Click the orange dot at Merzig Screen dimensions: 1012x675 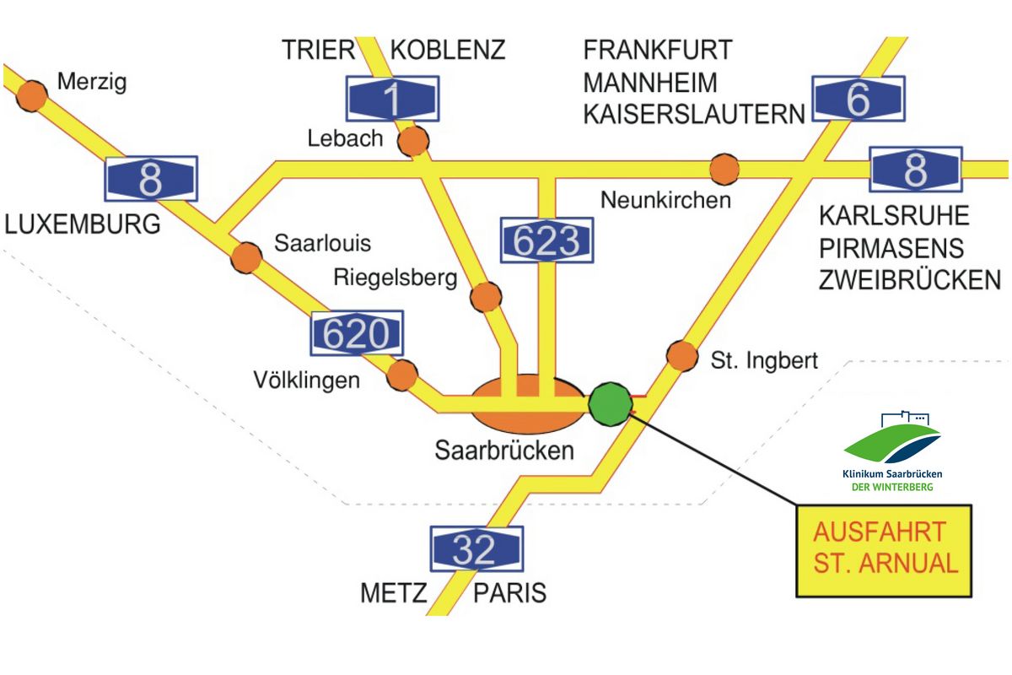32,96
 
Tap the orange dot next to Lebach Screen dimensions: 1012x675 413,141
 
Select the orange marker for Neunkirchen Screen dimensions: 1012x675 724,170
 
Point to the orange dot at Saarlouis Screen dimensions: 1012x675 246,257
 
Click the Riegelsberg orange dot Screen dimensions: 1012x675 486,297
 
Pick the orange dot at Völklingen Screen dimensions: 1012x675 402,375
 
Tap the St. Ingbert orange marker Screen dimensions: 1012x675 682,356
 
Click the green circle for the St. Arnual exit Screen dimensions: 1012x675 611,403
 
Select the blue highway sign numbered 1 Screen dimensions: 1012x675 393,99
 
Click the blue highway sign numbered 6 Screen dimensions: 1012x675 859,99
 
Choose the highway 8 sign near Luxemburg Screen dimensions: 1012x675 151,179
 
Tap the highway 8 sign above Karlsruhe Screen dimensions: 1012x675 916,170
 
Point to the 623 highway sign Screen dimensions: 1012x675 546,240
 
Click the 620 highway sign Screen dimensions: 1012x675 357,332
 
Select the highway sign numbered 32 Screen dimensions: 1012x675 476,549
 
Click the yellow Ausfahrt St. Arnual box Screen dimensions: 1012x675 883,551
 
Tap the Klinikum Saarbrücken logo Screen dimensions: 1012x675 892,451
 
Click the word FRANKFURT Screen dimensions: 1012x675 658,50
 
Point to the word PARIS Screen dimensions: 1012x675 509,592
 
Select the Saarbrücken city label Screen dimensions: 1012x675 504,451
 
